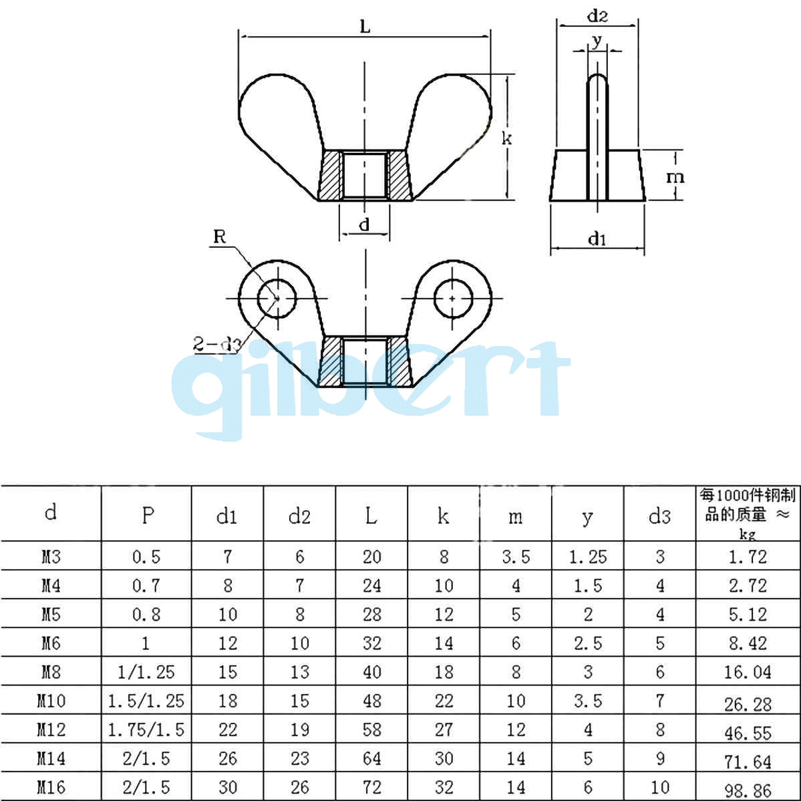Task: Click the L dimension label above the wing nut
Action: (365, 27)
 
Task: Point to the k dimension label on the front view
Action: (507, 138)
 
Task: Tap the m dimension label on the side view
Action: (675, 177)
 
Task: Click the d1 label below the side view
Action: (597, 238)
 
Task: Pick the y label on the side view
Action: (597, 41)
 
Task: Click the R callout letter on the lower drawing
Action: (219, 236)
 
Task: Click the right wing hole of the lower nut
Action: (453, 297)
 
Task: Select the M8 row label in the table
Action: (51, 671)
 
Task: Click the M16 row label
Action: (51, 787)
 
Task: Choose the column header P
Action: (147, 515)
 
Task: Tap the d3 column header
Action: (659, 516)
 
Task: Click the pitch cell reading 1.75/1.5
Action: (146, 729)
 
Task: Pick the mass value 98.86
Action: (748, 791)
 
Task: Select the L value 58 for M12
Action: (371, 729)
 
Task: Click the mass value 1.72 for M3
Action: (748, 556)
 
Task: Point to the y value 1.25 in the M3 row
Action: (588, 556)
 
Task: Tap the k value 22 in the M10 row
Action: (444, 700)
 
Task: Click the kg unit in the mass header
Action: (747, 534)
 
